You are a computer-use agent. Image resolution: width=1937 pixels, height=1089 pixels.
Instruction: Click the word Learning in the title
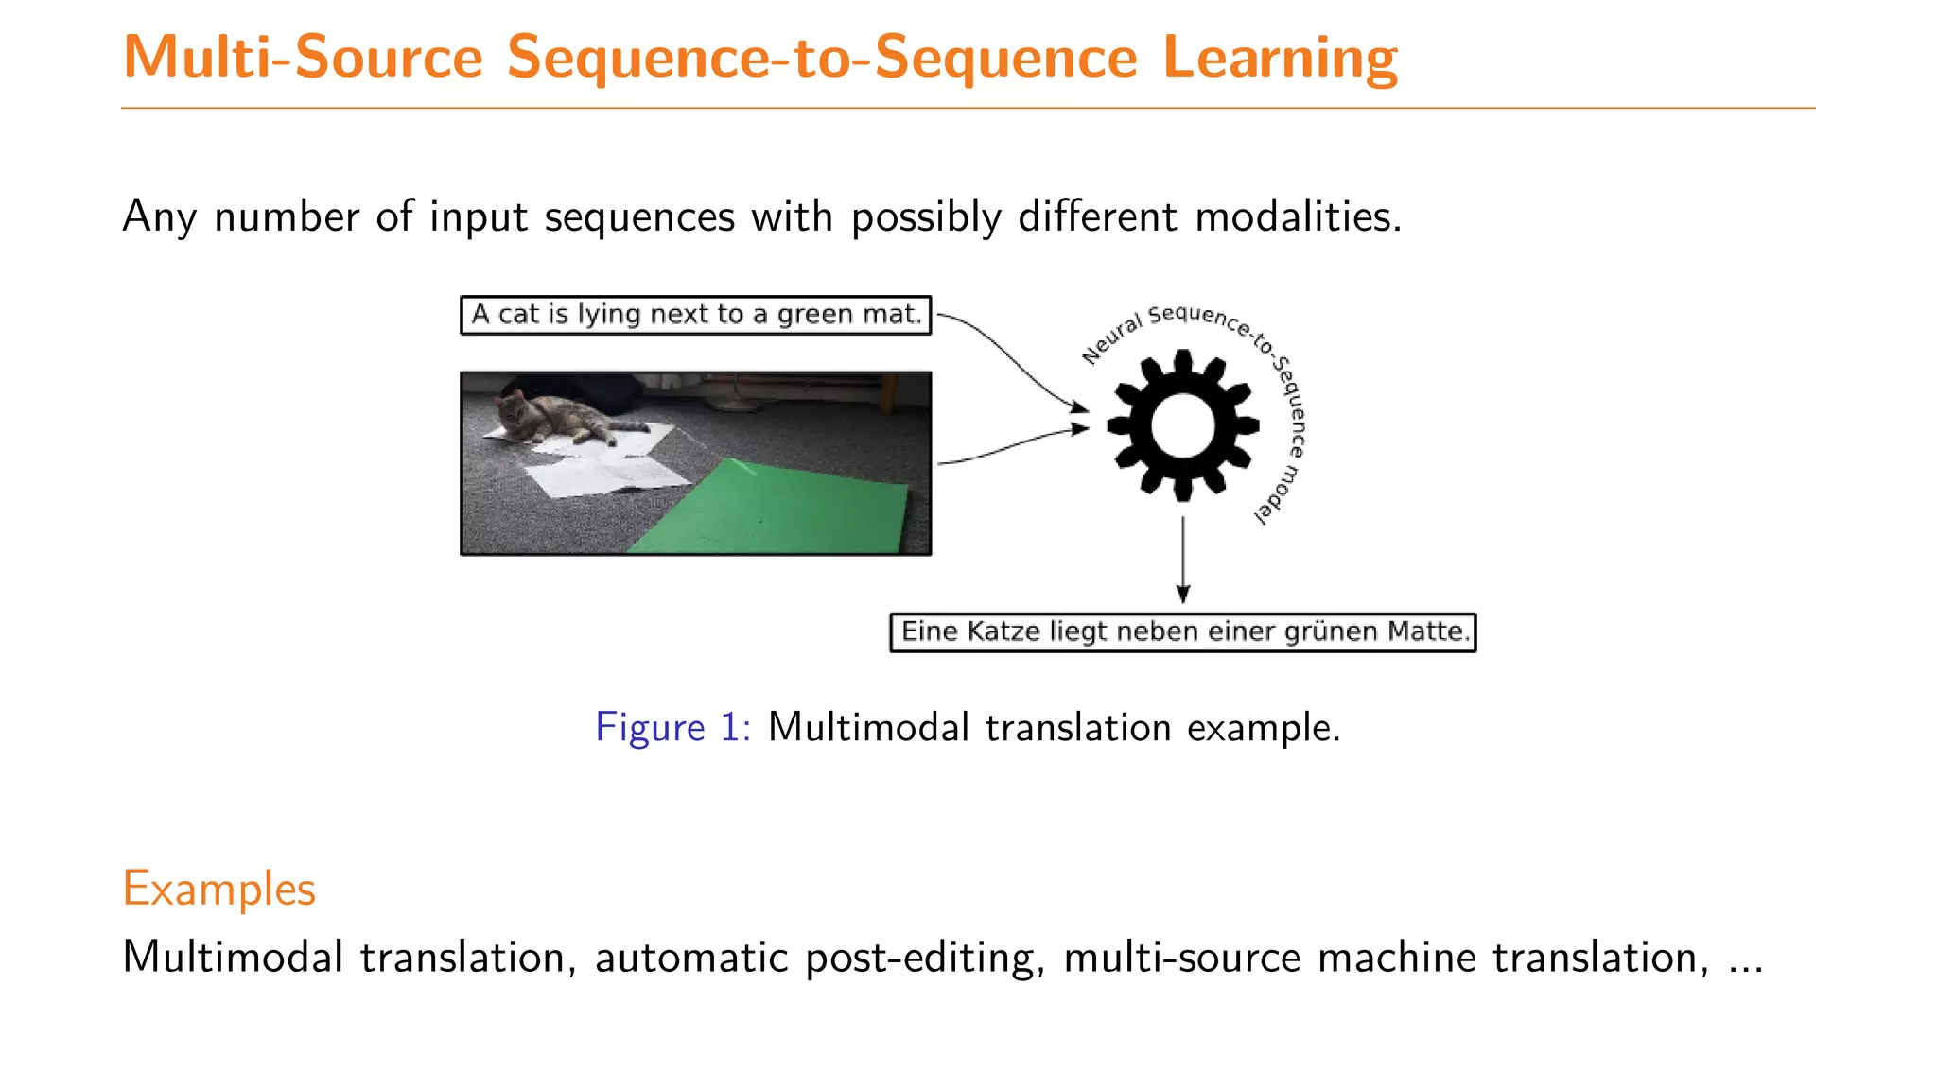click(x=1280, y=59)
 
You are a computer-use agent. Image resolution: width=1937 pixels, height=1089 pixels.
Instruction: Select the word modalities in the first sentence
click(x=1298, y=216)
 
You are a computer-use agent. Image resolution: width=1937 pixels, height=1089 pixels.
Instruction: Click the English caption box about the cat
click(x=695, y=315)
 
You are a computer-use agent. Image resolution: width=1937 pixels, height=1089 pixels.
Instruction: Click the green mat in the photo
click(x=776, y=507)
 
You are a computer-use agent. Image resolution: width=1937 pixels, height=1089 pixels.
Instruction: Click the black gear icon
click(x=1182, y=425)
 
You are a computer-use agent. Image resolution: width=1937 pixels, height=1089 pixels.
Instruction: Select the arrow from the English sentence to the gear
click(x=1012, y=360)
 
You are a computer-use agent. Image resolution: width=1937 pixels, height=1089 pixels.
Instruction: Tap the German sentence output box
click(x=1182, y=632)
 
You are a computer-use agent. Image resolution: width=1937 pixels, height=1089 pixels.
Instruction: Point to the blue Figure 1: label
click(x=672, y=728)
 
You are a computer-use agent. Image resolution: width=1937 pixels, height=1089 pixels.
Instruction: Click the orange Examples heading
click(x=218, y=889)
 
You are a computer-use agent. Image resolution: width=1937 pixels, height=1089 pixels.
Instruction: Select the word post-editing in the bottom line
click(x=925, y=958)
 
